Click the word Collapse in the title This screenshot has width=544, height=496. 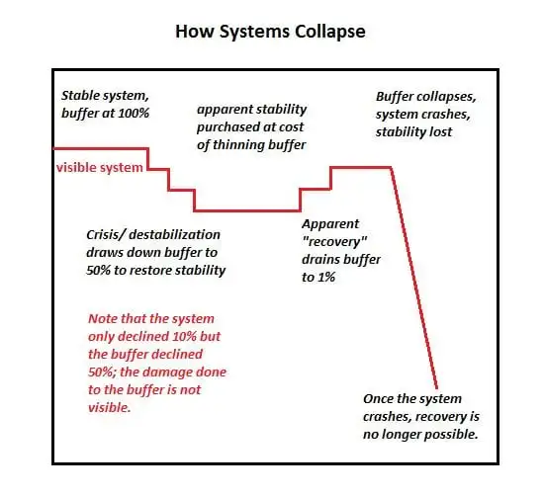[330, 32]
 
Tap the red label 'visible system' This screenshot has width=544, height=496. [100, 168]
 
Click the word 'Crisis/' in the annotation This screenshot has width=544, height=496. [106, 235]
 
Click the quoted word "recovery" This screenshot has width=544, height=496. [334, 242]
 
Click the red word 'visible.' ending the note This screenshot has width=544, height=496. [109, 408]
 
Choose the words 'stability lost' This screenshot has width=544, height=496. [413, 132]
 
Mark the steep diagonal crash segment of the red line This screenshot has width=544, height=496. [413, 279]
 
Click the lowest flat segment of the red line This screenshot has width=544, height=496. [247, 210]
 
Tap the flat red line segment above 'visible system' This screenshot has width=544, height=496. [101, 148]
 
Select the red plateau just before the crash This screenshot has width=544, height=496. [361, 168]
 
